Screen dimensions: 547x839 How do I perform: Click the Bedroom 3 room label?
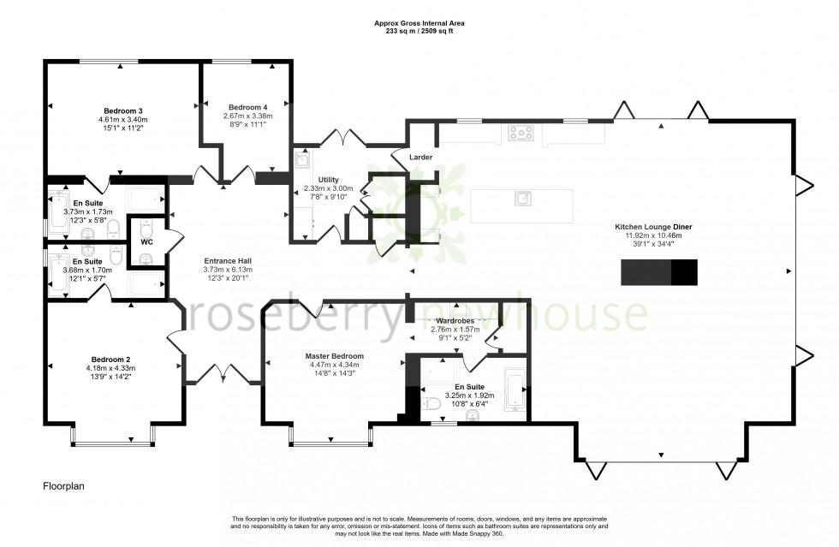(x=123, y=110)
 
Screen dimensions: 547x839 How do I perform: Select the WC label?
(x=146, y=242)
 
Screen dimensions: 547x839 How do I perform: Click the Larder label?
(x=420, y=158)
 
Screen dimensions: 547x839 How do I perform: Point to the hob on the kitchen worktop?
(x=521, y=133)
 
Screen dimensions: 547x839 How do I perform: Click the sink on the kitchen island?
(x=521, y=199)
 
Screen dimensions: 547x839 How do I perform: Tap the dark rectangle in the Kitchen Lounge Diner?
(x=658, y=271)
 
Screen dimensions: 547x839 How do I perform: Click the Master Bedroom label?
(x=334, y=356)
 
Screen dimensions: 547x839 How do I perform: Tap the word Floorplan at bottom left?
(x=64, y=486)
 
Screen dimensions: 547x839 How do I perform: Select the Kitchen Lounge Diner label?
(x=653, y=227)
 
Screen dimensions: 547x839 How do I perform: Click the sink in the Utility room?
(x=302, y=159)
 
